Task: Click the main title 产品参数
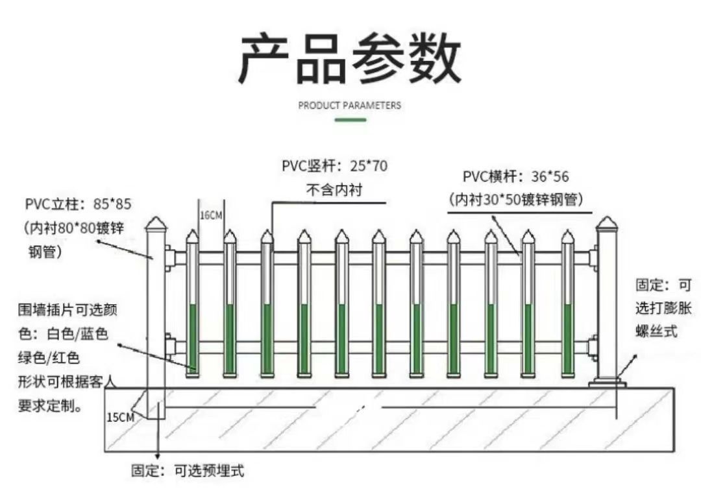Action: [x=350, y=59]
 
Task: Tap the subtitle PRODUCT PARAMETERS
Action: [x=350, y=105]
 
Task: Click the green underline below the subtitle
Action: [x=350, y=120]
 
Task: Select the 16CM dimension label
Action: [x=210, y=215]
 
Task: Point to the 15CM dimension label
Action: [x=120, y=417]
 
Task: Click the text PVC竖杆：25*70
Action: [x=334, y=166]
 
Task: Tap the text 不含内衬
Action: [x=334, y=190]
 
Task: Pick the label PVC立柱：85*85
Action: [x=79, y=204]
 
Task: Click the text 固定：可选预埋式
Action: [x=188, y=471]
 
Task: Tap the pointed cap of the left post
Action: [x=156, y=224]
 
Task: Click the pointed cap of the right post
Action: [x=607, y=224]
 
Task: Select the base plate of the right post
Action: [x=607, y=384]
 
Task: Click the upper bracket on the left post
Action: [x=170, y=258]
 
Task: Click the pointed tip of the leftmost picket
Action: [x=192, y=236]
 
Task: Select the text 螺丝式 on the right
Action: [x=656, y=331]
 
